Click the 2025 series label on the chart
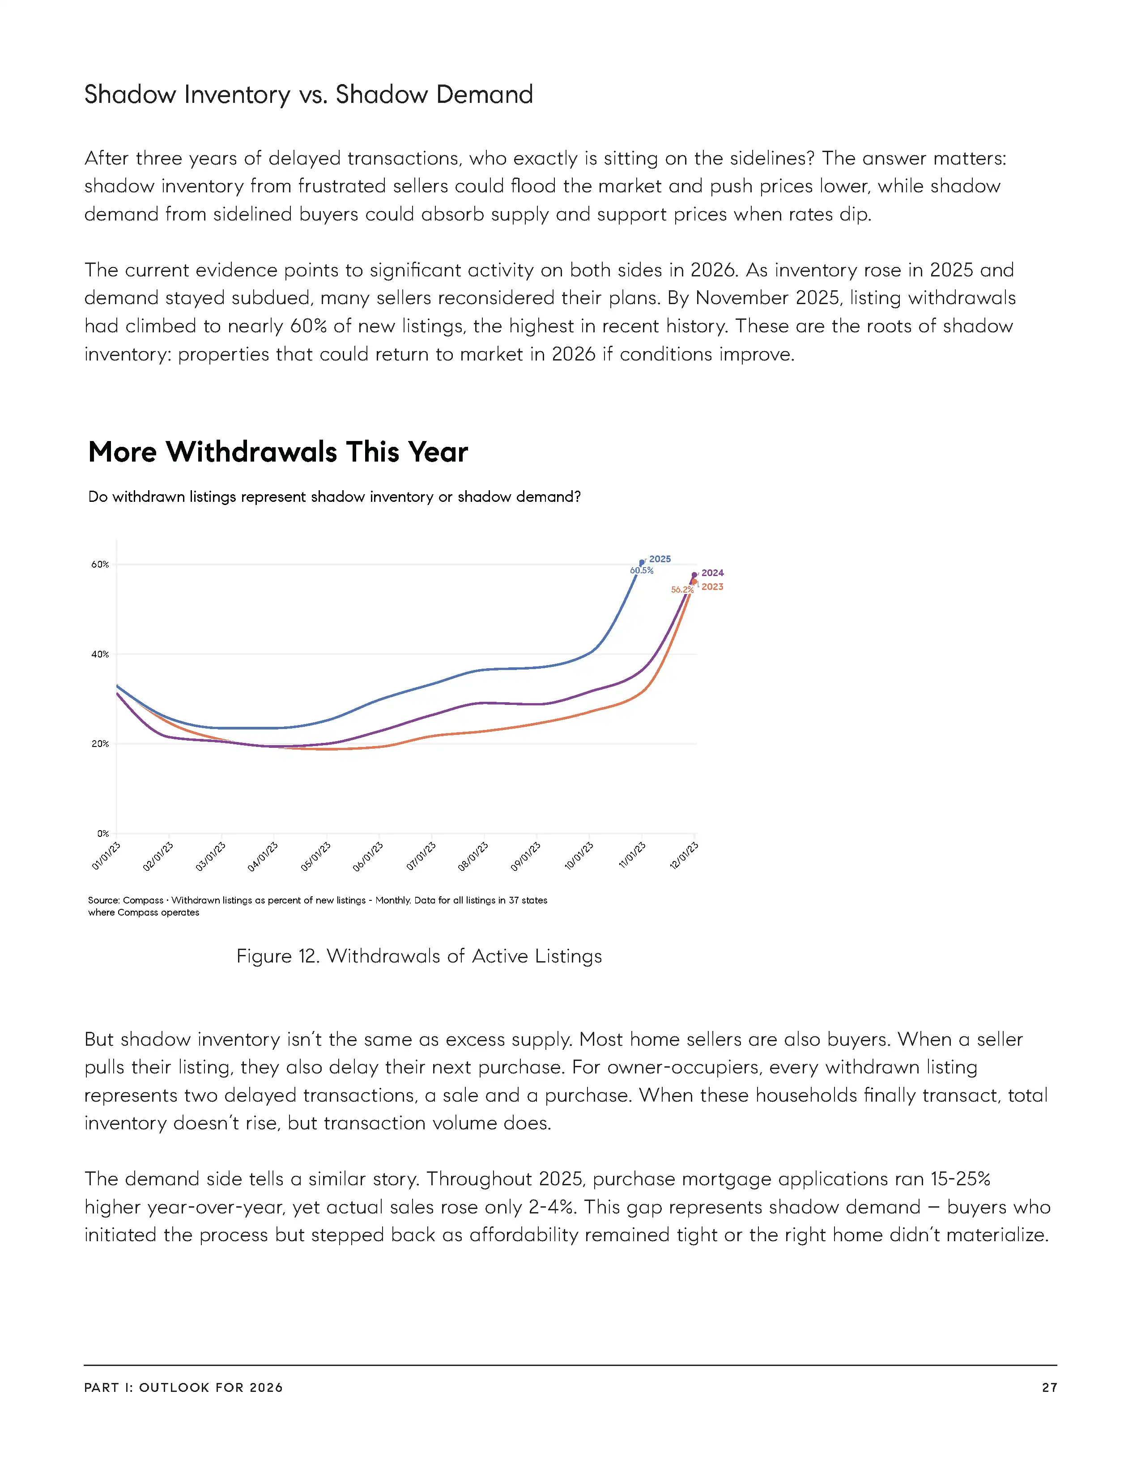pos(660,559)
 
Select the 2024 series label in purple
pos(712,573)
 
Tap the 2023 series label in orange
pos(712,587)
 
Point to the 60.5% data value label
pos(642,570)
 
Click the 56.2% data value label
pos(681,590)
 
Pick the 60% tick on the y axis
pos(100,564)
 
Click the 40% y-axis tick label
pos(100,654)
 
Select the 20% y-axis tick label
pos(100,743)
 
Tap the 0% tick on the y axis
pos(103,833)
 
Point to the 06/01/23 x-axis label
pos(368,856)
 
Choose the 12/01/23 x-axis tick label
pos(684,856)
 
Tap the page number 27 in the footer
pos(1049,1387)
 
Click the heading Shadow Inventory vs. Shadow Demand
pos(308,95)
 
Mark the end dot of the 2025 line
pos(642,562)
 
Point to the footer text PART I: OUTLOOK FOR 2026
pos(183,1387)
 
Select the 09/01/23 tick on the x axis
pos(526,856)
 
